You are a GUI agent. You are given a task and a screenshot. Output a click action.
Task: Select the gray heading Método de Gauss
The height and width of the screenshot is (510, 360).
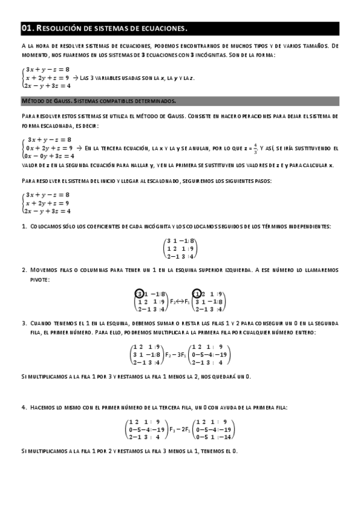pos(60,101)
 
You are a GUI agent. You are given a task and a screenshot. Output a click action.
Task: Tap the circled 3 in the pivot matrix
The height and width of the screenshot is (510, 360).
pos(139,293)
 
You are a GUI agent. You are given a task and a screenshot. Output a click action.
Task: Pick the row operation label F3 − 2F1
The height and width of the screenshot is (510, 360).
pos(177,429)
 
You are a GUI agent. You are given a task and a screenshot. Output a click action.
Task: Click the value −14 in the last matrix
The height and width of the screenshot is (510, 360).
pos(225,437)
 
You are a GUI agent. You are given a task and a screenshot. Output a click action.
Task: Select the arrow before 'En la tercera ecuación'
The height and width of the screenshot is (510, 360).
pos(81,147)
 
